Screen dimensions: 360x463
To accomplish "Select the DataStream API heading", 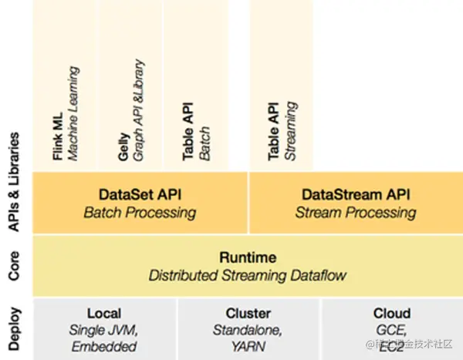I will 355,193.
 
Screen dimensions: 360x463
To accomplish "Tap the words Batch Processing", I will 140,211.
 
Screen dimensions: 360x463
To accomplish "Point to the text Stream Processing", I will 355,211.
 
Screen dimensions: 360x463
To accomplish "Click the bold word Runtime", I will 248,257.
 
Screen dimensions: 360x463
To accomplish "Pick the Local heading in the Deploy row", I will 104,314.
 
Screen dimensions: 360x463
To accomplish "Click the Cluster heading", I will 248,314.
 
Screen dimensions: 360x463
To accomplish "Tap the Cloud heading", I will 391,314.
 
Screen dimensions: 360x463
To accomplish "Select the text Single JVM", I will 104,330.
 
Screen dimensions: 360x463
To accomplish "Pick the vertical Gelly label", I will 123,146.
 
